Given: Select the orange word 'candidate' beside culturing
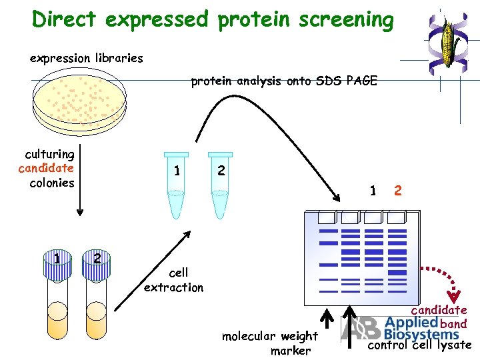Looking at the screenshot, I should point(46,168).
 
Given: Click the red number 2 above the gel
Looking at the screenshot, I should point(397,191).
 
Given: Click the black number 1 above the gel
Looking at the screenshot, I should point(373,191).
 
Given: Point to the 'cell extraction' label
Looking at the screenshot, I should point(174,280).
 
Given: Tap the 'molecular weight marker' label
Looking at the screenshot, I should point(270,343).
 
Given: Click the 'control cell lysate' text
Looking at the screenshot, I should point(419,345).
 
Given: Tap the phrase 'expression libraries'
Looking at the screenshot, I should point(87,58).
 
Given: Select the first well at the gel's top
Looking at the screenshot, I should point(328,217).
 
